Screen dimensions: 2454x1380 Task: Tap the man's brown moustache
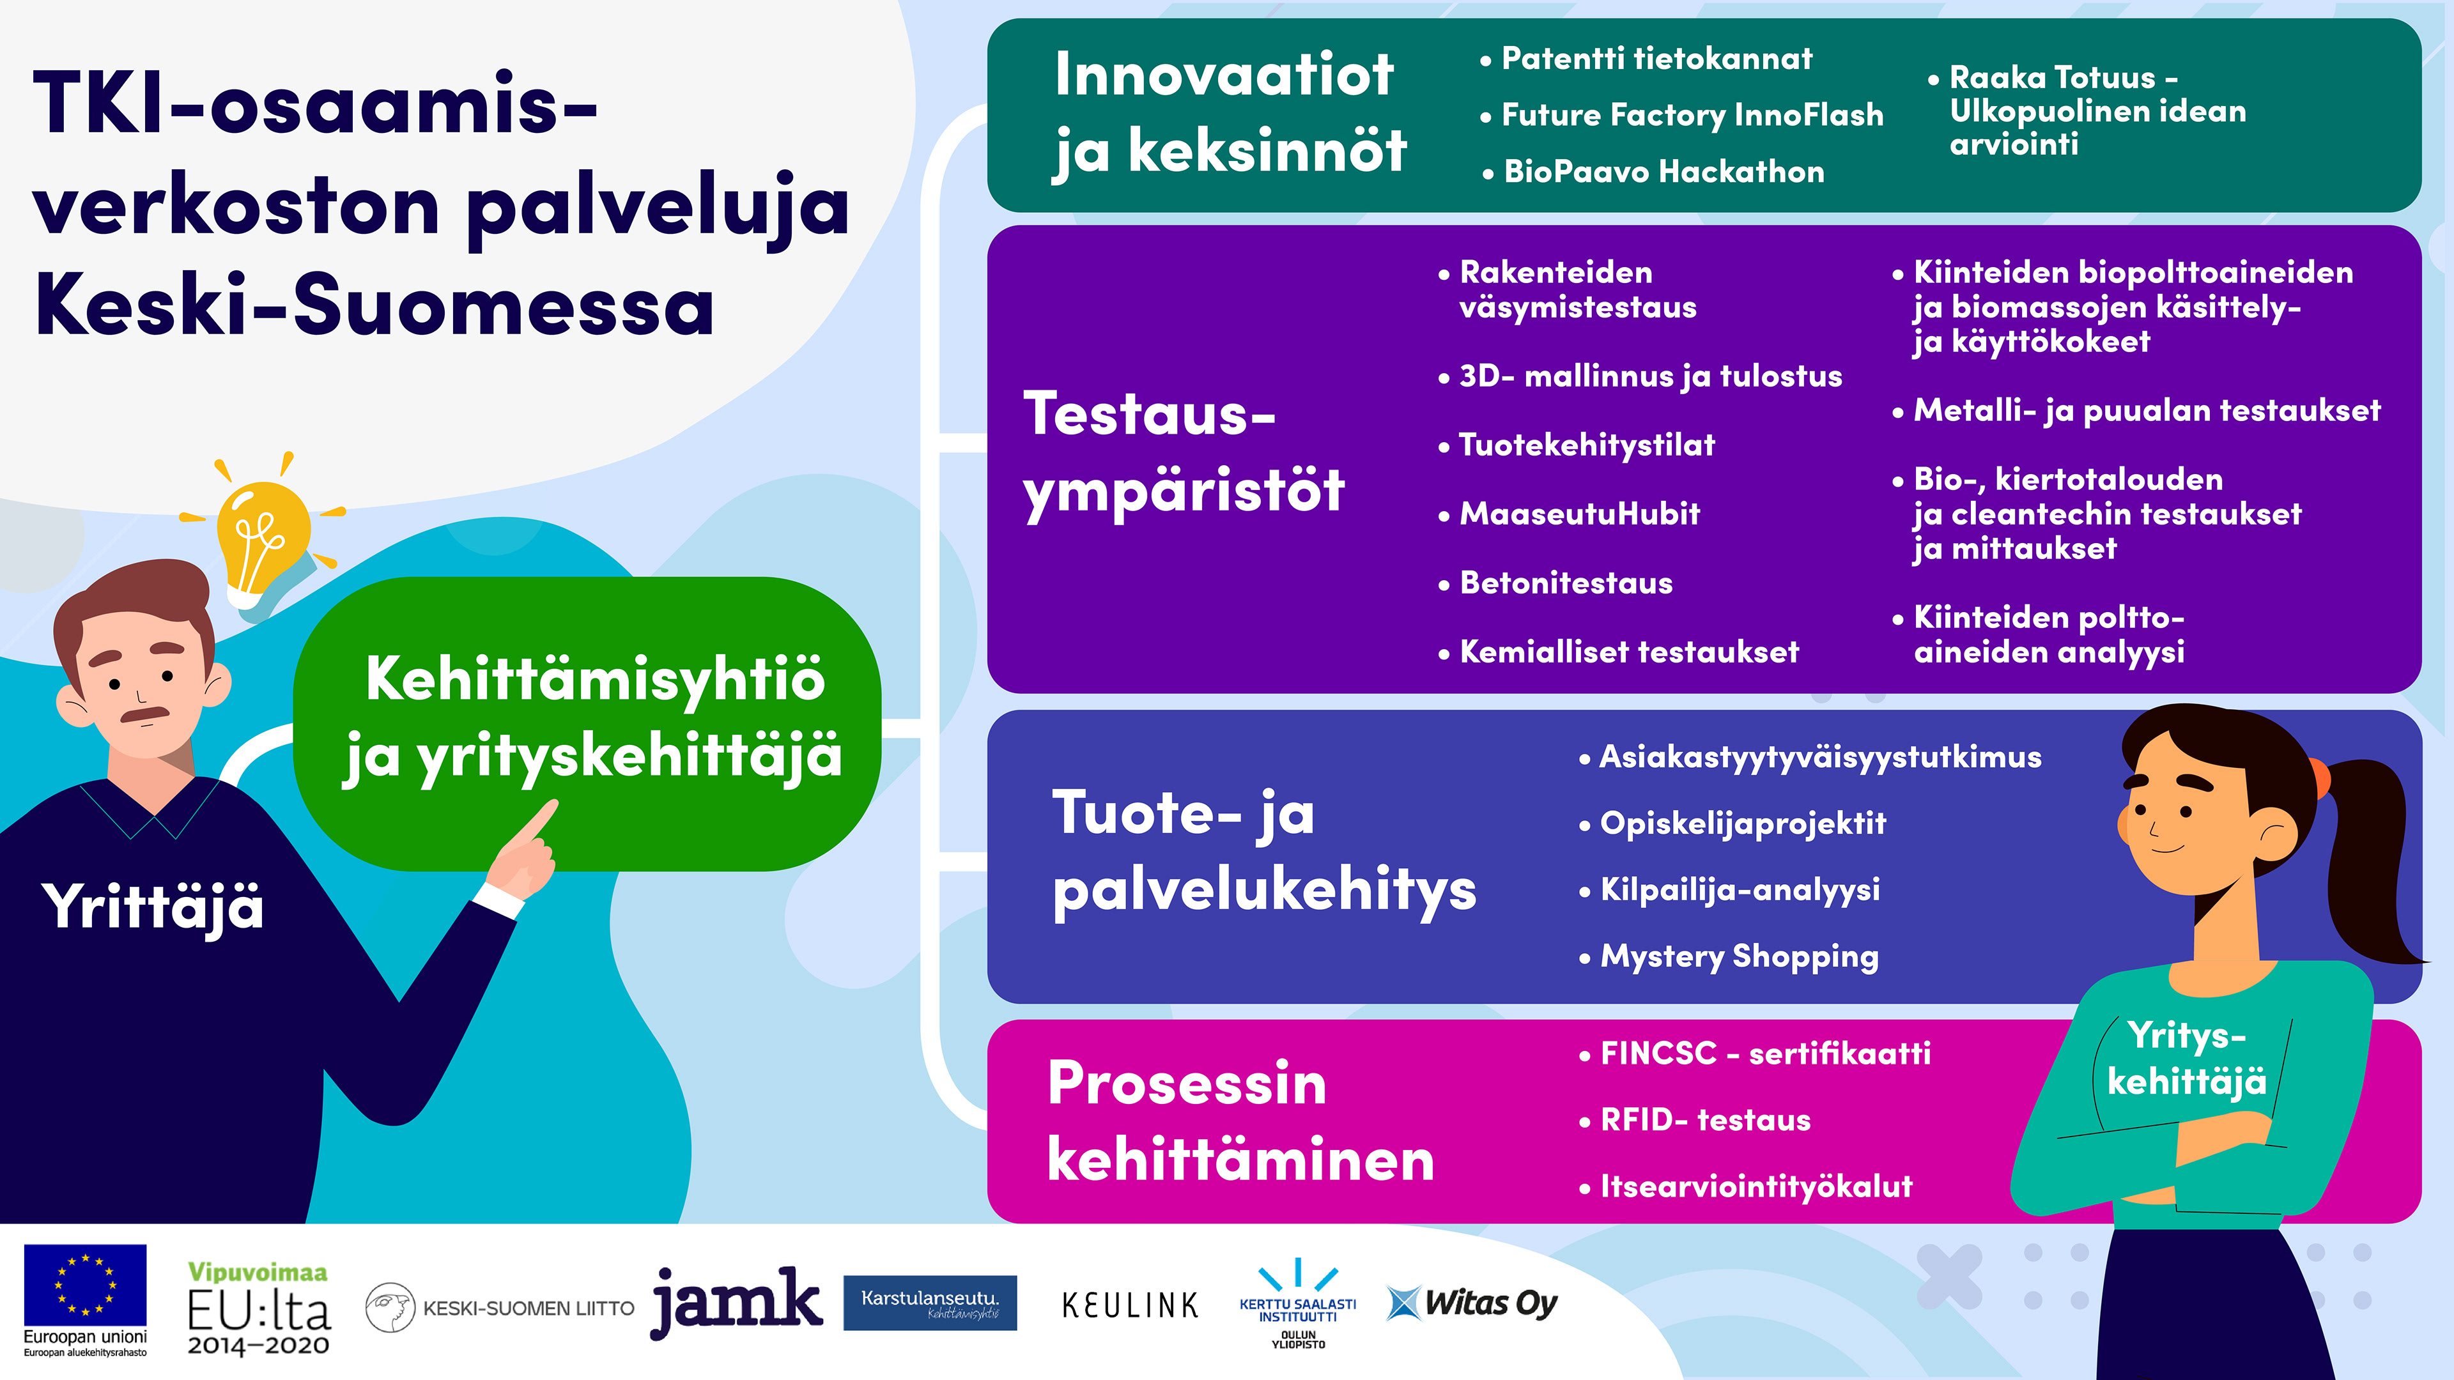click(x=145, y=714)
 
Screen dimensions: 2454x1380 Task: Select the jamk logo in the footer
click(x=736, y=1301)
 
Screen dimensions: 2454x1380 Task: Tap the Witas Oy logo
click(x=1472, y=1303)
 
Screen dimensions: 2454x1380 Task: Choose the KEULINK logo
click(x=1130, y=1305)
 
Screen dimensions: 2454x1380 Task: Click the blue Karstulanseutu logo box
click(x=930, y=1302)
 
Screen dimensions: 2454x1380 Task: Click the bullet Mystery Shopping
click(x=1729, y=956)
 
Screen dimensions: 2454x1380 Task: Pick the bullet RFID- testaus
click(x=1695, y=1120)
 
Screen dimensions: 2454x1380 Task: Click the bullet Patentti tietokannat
click(x=1646, y=59)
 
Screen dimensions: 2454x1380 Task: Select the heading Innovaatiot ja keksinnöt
click(x=1230, y=113)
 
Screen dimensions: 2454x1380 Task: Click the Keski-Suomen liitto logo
click(x=500, y=1308)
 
